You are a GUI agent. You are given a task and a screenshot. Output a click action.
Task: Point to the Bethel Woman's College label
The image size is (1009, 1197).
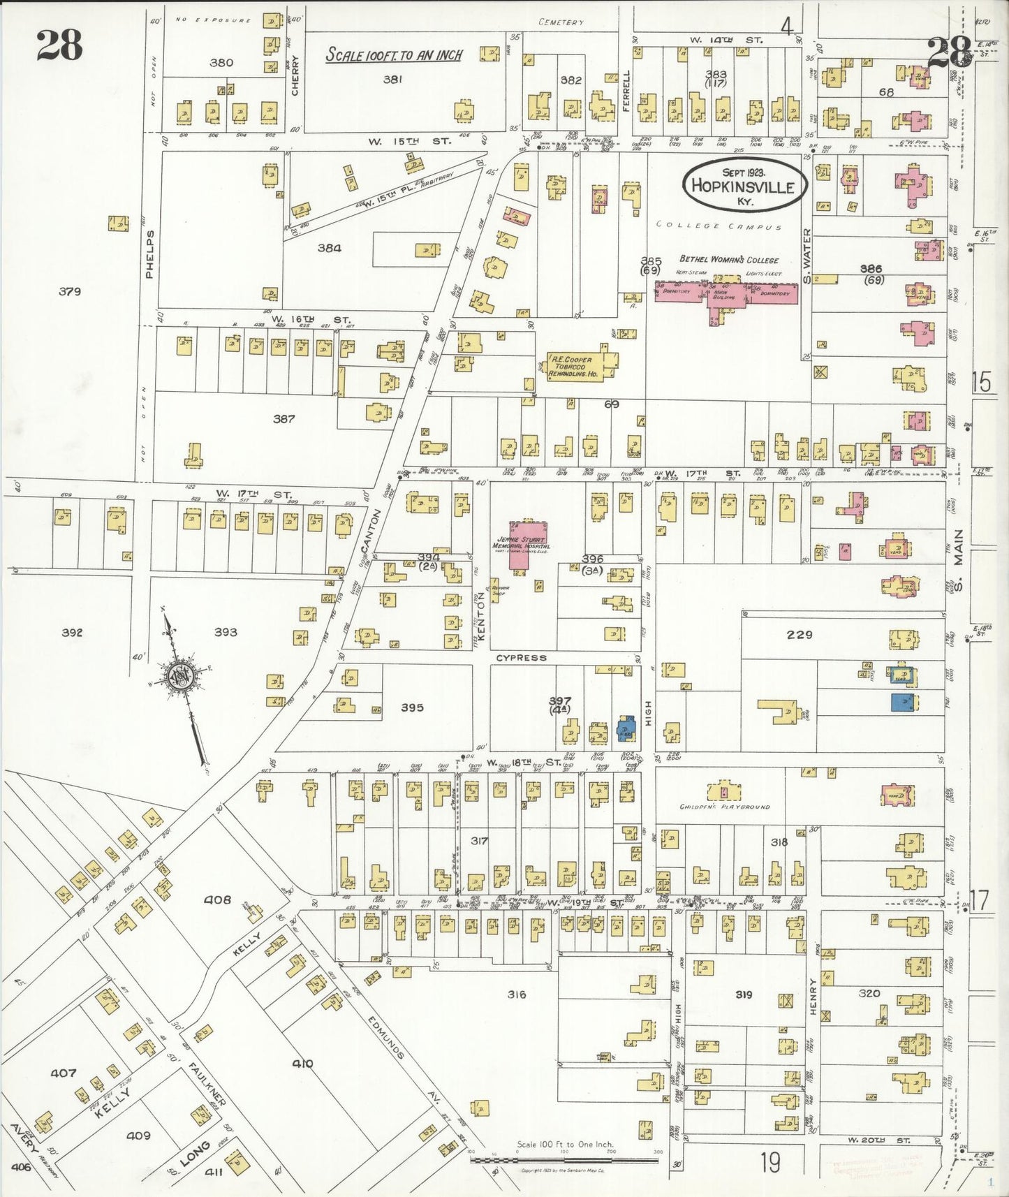729,260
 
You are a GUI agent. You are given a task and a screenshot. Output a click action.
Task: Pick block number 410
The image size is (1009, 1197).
302,1064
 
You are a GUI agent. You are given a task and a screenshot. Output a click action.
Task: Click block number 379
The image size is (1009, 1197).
70,292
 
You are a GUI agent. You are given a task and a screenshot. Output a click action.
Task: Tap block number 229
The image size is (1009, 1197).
800,635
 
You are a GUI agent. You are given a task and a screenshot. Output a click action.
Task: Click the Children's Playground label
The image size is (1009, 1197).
725,807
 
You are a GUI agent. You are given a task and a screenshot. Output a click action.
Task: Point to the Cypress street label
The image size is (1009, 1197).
522,658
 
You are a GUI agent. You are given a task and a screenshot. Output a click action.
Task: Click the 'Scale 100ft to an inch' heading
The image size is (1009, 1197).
395,55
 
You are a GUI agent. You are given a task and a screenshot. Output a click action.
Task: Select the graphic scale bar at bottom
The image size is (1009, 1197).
564,1160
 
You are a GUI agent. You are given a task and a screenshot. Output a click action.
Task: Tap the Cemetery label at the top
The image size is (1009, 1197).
561,22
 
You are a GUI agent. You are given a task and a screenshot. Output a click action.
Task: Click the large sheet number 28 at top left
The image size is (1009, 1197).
60,45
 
